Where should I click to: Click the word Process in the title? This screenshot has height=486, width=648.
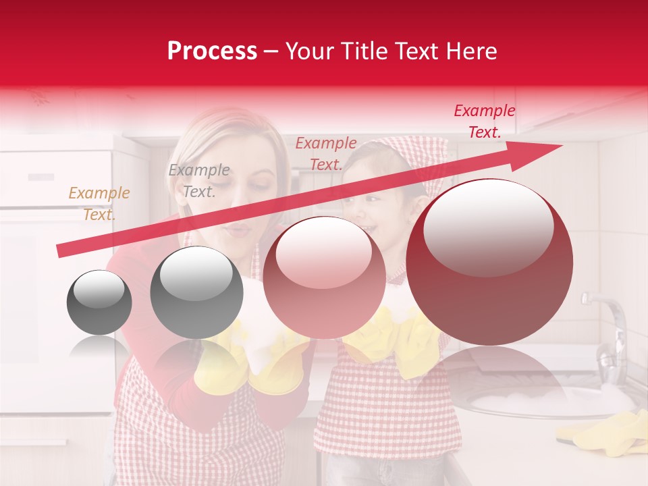[x=212, y=51]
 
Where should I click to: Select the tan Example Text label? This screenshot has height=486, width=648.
[x=99, y=204]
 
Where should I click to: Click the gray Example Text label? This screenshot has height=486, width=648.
[x=198, y=181]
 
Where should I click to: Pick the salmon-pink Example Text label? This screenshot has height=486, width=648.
[x=326, y=154]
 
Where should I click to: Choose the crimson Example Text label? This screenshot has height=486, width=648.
[x=484, y=122]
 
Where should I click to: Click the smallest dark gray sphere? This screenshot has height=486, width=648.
[x=99, y=302]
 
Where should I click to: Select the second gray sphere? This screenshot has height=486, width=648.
[x=196, y=292]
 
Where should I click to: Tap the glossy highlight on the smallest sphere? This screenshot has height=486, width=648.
[x=99, y=289]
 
